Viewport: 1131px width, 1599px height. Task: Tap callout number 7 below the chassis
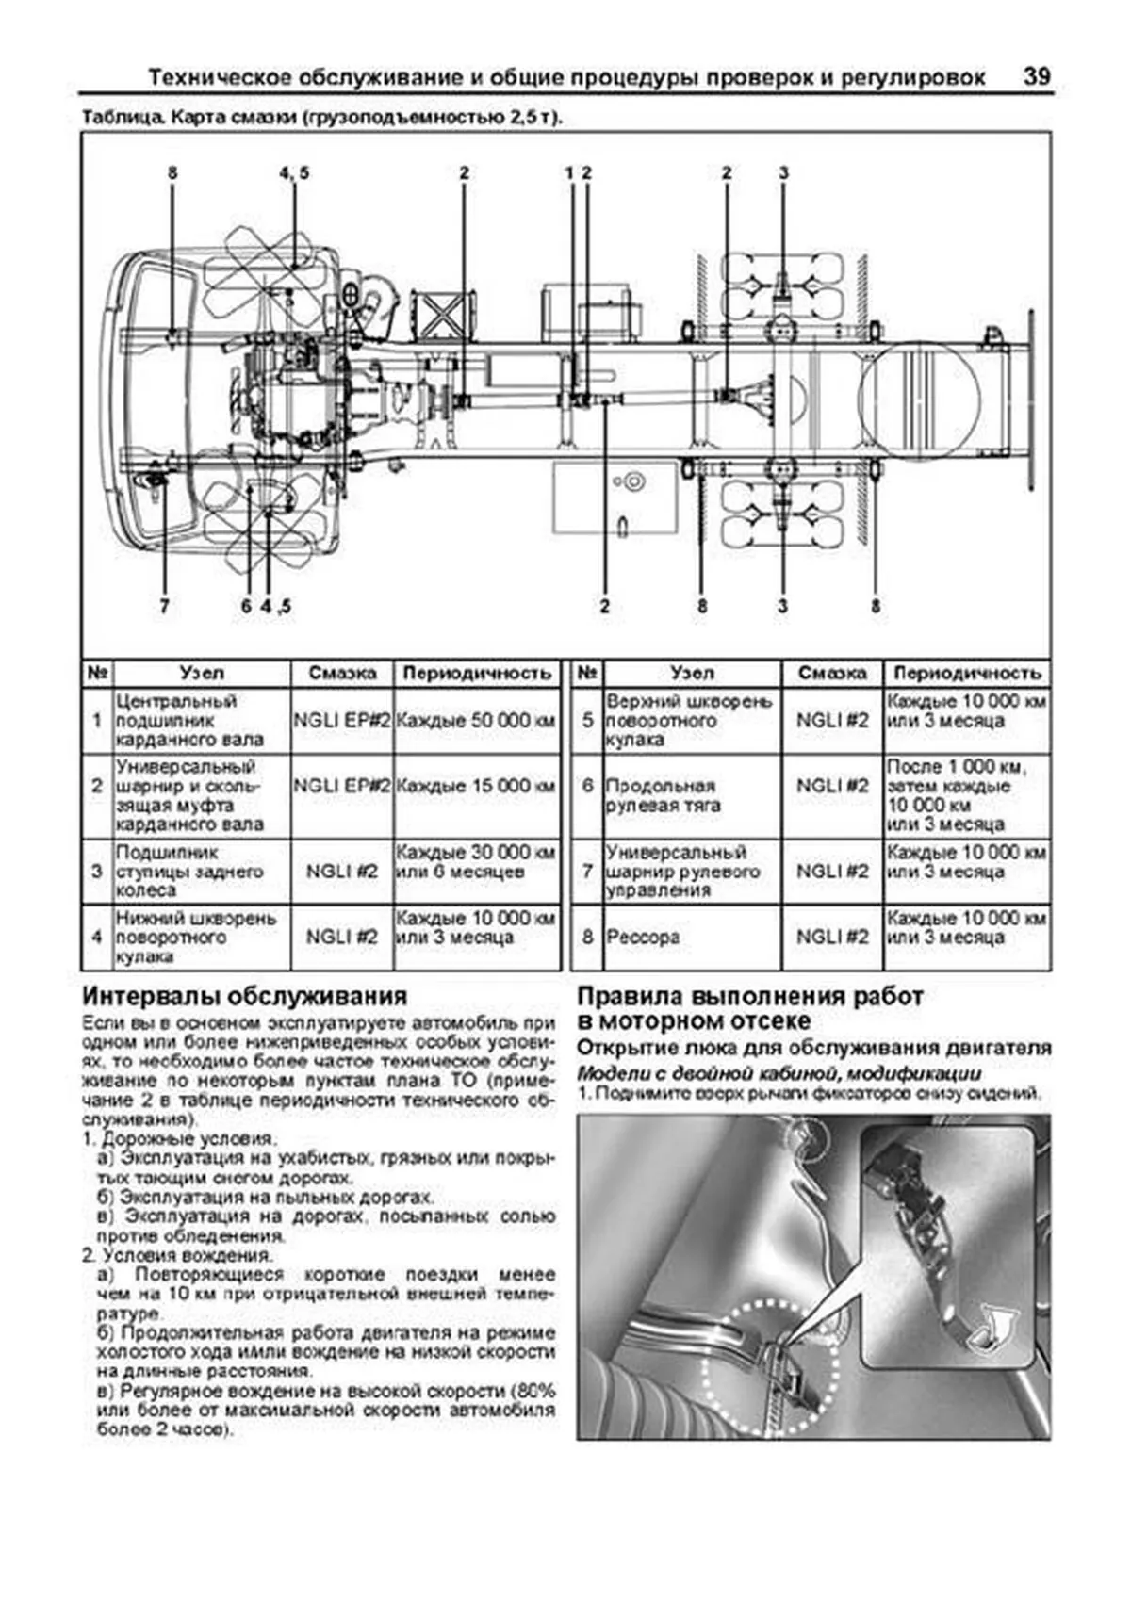click(164, 605)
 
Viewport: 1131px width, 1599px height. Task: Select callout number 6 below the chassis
click(246, 605)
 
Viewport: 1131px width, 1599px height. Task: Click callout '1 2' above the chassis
click(578, 173)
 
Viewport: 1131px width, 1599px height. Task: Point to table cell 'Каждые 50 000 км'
click(476, 721)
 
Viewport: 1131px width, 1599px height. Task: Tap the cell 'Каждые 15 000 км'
click(476, 786)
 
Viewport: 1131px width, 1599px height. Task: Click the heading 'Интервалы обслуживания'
click(244, 996)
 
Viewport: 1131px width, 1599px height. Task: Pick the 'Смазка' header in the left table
click(342, 673)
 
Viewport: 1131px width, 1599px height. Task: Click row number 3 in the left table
click(96, 872)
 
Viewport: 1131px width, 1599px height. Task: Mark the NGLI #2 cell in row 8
click(832, 938)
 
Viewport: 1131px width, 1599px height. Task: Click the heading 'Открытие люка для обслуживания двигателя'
click(813, 1048)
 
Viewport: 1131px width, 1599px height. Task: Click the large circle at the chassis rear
click(919, 400)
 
